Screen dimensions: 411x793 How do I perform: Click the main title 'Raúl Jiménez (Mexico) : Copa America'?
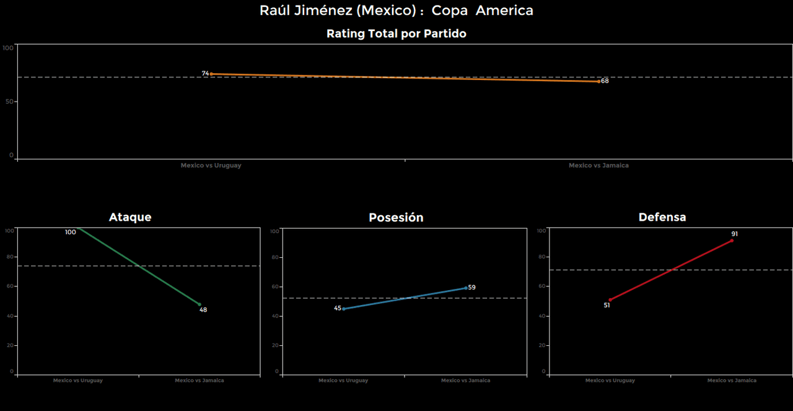pyautogui.click(x=396, y=11)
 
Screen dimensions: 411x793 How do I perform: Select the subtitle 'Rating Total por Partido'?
pyautogui.click(x=396, y=34)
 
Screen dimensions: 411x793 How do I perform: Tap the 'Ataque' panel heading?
pyautogui.click(x=130, y=217)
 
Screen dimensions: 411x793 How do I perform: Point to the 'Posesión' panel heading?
pyautogui.click(x=396, y=218)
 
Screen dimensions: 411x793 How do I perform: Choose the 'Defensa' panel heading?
pyautogui.click(x=662, y=217)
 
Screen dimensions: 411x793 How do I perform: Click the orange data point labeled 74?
pyautogui.click(x=211, y=74)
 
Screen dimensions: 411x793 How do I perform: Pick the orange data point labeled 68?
pyautogui.click(x=598, y=81)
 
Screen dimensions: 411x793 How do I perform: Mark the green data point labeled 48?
pyautogui.click(x=199, y=304)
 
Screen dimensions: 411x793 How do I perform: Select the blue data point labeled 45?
pyautogui.click(x=344, y=308)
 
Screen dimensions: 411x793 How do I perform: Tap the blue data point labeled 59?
pyautogui.click(x=466, y=288)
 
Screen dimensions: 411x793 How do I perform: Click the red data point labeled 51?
pyautogui.click(x=610, y=300)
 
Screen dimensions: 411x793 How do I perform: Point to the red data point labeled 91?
pyautogui.click(x=732, y=241)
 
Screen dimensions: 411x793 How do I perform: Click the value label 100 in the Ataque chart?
pyautogui.click(x=71, y=232)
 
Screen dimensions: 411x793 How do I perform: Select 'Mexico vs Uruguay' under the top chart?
pyautogui.click(x=211, y=166)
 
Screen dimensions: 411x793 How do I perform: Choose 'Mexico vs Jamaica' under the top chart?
pyautogui.click(x=598, y=166)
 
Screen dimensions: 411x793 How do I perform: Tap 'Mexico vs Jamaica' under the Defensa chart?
pyautogui.click(x=732, y=381)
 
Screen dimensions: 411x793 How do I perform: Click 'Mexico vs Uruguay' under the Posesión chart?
pyautogui.click(x=343, y=381)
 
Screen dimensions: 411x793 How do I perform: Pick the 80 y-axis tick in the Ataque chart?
pyautogui.click(x=9, y=257)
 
